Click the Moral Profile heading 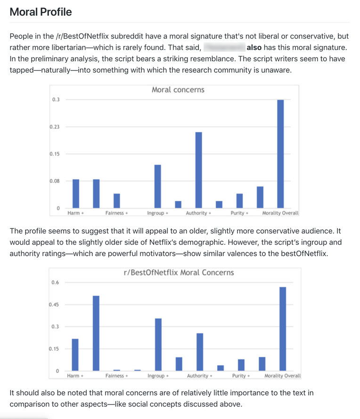tap(41, 12)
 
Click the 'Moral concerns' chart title tap(178, 89)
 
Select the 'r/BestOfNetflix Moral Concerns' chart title tap(179, 273)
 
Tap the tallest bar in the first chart tap(280, 153)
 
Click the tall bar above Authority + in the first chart tap(198, 169)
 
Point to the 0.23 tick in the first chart tap(55, 127)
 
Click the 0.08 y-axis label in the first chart tap(55, 181)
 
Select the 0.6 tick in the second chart tap(56, 282)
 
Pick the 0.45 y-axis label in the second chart tap(55, 305)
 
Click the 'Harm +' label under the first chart tap(75, 213)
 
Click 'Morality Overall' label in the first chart tap(280, 213)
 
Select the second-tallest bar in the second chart tap(96, 333)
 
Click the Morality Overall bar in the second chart tap(283, 329)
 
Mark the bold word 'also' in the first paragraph tap(254, 48)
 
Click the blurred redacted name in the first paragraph tap(224, 48)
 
